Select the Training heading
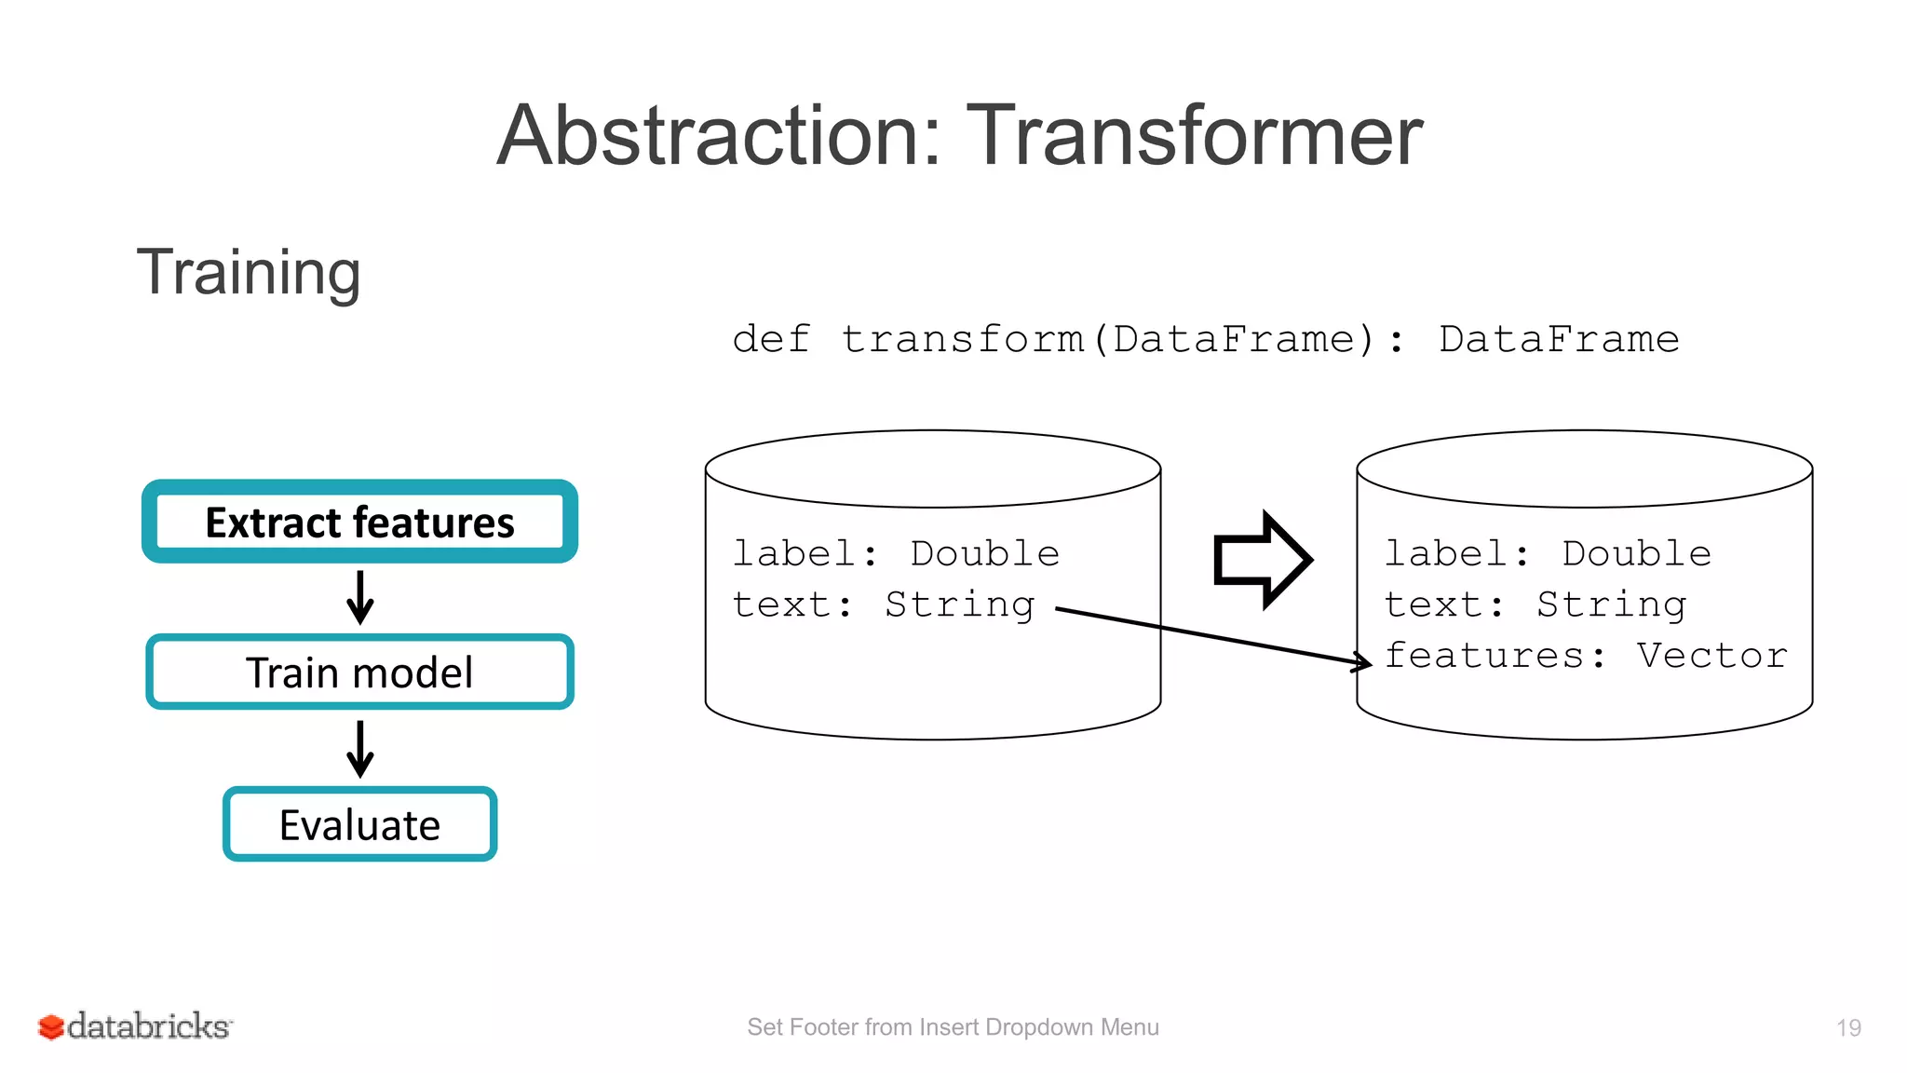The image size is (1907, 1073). coord(249,272)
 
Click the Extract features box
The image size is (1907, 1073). coord(359,522)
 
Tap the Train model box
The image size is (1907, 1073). coord(359,672)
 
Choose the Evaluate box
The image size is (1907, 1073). coord(359,824)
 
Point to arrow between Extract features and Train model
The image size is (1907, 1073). coord(359,598)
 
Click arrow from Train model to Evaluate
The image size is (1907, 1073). coord(359,749)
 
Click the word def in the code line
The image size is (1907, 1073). coord(771,339)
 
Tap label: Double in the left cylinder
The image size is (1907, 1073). coord(896,553)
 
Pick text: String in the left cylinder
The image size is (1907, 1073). coord(883,604)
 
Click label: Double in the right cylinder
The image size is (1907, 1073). coord(1548,553)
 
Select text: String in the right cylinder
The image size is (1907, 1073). coord(1535,604)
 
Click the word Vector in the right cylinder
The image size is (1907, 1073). coord(1711,656)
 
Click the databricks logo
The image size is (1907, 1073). coord(136,1026)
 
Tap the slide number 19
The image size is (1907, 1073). coord(1848,1027)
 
